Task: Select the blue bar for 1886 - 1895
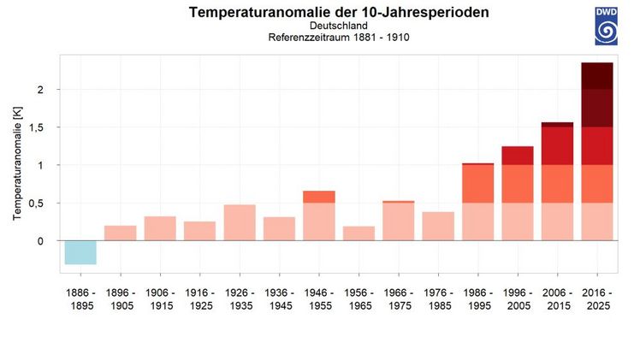(x=80, y=252)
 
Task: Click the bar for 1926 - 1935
(x=240, y=222)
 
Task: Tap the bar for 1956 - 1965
(x=359, y=233)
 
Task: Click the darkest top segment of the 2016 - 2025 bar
(x=596, y=75)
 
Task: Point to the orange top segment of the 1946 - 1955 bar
(x=319, y=197)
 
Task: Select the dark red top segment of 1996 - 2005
(x=517, y=155)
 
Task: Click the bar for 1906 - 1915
(x=160, y=228)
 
